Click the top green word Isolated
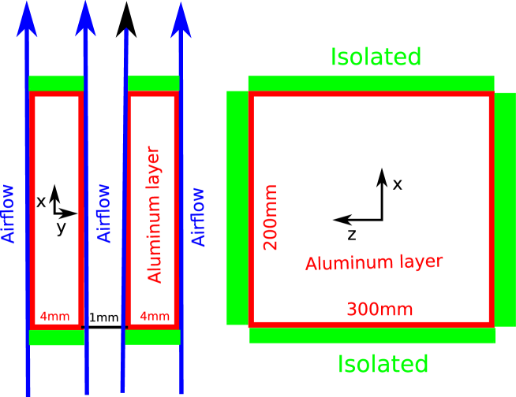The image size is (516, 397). pyautogui.click(x=376, y=58)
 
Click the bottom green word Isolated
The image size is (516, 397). pyautogui.click(x=383, y=364)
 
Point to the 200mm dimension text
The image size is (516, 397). pyautogui.click(x=271, y=217)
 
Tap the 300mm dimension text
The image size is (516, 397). pyautogui.click(x=380, y=310)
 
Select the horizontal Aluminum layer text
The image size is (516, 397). pyautogui.click(x=374, y=263)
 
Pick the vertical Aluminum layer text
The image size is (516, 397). pyautogui.click(x=155, y=214)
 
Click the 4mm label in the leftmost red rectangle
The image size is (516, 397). pyautogui.click(x=54, y=317)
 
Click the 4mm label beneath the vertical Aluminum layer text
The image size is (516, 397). pyautogui.click(x=155, y=317)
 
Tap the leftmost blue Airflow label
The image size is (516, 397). pyautogui.click(x=9, y=213)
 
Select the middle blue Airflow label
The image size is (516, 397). pyautogui.click(x=104, y=213)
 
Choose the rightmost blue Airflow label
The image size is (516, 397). pyautogui.click(x=199, y=216)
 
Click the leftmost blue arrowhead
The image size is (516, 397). pyautogui.click(x=28, y=19)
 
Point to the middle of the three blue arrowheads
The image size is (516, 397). pyautogui.click(x=85, y=20)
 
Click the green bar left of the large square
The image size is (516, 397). pyautogui.click(x=237, y=207)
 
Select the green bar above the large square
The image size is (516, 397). pyautogui.click(x=371, y=83)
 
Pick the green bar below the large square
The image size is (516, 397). pyautogui.click(x=372, y=336)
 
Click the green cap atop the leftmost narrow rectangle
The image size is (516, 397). pyautogui.click(x=56, y=83)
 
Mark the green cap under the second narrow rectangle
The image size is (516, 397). pyautogui.click(x=152, y=337)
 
